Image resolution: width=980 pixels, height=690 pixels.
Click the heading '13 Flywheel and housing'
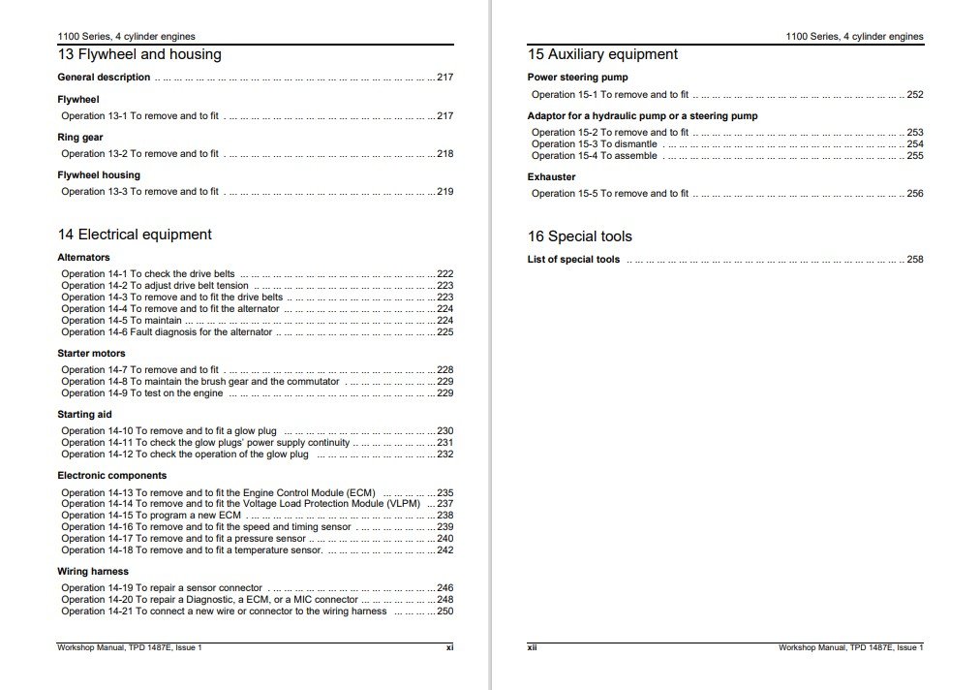[139, 55]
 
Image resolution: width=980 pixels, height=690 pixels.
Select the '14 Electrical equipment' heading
[135, 235]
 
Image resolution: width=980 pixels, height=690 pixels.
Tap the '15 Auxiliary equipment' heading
[602, 55]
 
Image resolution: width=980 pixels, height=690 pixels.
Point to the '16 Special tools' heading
[579, 236]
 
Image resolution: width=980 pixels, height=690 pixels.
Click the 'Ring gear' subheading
[80, 138]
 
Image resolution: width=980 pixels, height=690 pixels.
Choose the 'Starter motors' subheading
[92, 354]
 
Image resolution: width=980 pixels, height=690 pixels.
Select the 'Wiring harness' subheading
[93, 572]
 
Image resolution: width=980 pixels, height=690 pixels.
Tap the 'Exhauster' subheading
[551, 177]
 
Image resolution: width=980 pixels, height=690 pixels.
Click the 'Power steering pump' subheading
[577, 78]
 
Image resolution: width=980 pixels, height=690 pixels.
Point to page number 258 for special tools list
[915, 260]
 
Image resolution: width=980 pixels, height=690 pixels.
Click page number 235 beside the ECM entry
[445, 492]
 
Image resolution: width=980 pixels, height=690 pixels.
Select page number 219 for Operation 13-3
[445, 192]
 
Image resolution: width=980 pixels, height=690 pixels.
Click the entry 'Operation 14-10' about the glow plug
[169, 431]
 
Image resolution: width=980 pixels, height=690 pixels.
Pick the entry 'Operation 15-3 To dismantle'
[594, 143]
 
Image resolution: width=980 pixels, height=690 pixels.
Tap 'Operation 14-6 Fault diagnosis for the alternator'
[168, 332]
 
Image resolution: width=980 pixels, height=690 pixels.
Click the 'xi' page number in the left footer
[449, 647]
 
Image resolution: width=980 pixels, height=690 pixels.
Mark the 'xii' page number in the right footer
[532, 647]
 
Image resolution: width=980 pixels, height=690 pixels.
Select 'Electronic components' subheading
[112, 476]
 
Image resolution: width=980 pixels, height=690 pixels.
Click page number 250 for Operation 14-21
[445, 612]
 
